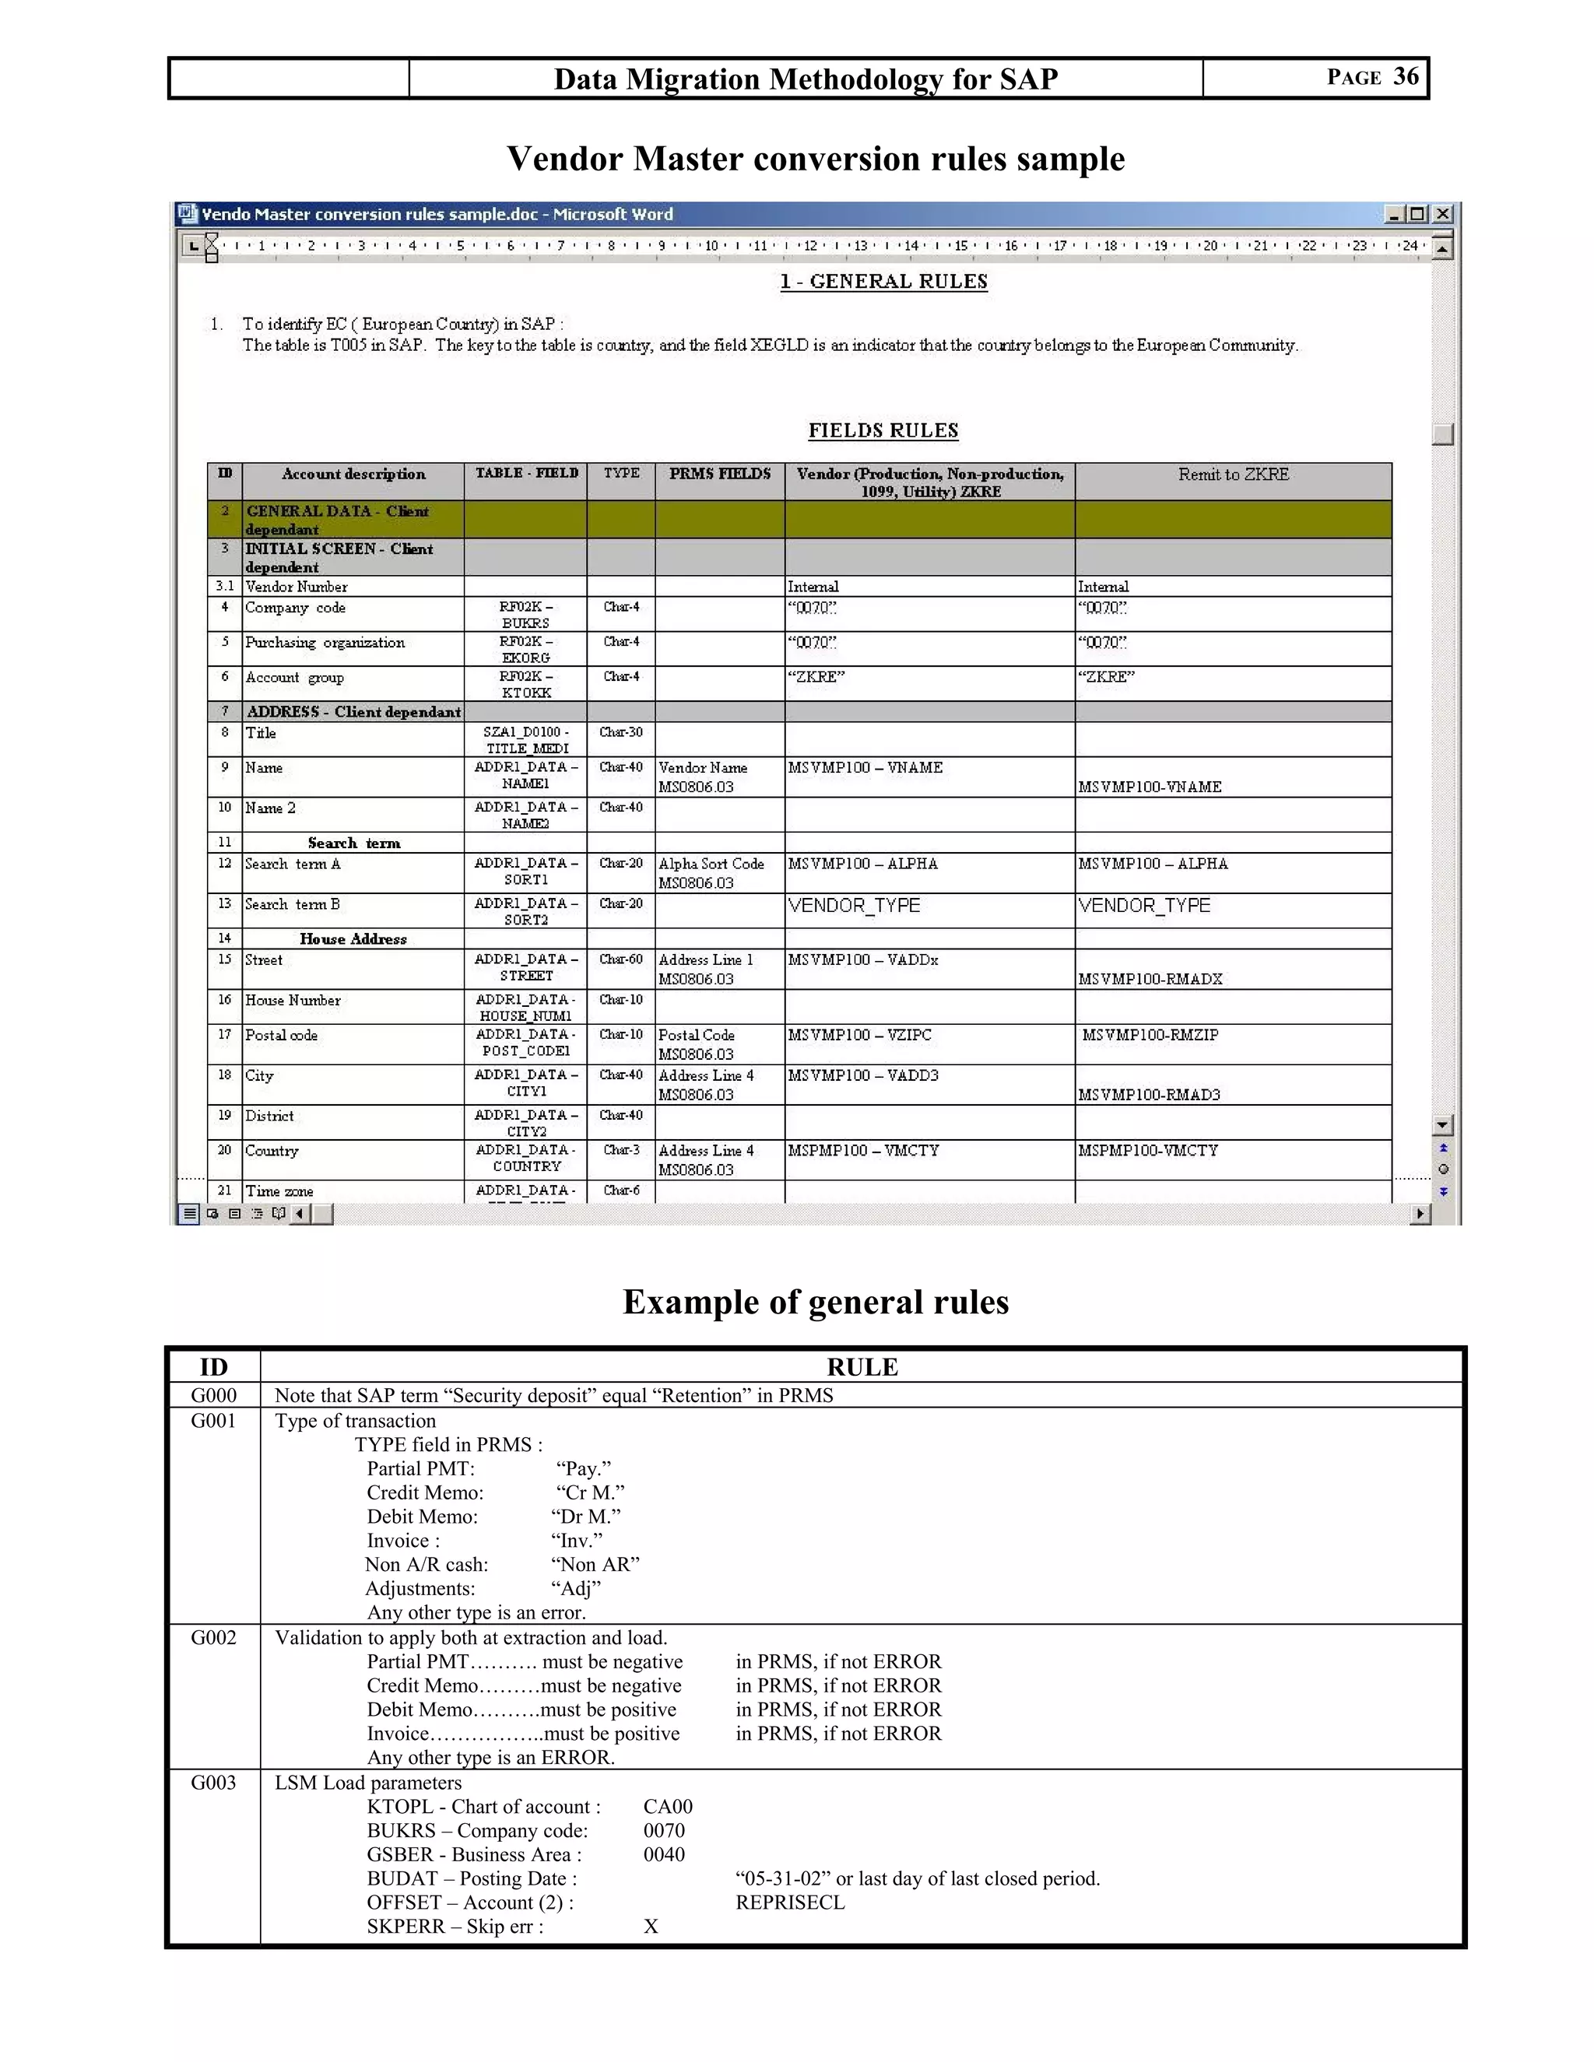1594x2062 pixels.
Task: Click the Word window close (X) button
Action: (1442, 214)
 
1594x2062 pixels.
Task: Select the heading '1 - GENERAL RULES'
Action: (883, 282)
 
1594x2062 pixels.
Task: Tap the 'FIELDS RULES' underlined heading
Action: (883, 430)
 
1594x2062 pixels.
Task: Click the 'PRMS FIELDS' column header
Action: (720, 474)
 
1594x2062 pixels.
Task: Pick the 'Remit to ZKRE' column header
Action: (1232, 475)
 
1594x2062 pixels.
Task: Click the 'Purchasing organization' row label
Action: (324, 643)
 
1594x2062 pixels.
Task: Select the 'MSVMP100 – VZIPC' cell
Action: (859, 1035)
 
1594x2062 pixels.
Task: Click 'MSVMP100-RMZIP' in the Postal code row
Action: (1150, 1035)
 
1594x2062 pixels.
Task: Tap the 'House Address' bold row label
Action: (353, 938)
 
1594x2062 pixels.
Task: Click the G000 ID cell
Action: (213, 1395)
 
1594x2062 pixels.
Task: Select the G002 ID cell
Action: (213, 1637)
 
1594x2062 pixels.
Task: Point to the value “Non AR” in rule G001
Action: (595, 1565)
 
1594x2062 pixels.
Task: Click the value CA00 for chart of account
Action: (668, 1806)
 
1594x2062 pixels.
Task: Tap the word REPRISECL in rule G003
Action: (789, 1902)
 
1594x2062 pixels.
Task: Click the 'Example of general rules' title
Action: (815, 1302)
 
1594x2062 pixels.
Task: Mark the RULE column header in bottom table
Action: (862, 1367)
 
